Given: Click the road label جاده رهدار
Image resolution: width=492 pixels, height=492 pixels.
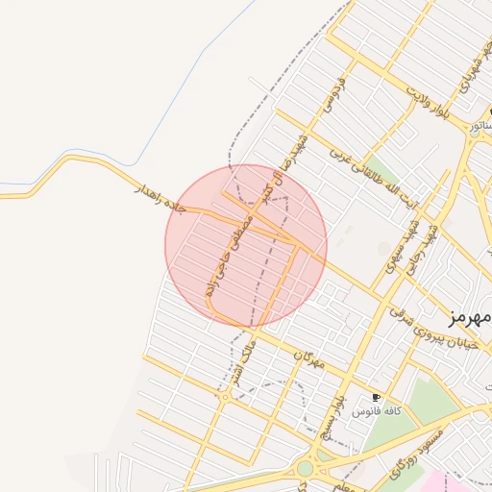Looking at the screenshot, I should (x=158, y=190).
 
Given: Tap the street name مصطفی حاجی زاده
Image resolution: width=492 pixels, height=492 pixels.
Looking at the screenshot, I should (x=229, y=257).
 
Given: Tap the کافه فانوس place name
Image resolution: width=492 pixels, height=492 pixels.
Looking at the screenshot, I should (x=373, y=411).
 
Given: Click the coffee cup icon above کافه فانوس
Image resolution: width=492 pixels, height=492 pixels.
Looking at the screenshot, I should (x=376, y=397).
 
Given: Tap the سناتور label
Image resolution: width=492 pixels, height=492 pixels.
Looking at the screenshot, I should (x=477, y=126).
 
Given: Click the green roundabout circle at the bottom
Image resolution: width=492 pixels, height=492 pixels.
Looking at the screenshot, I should (x=305, y=468).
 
